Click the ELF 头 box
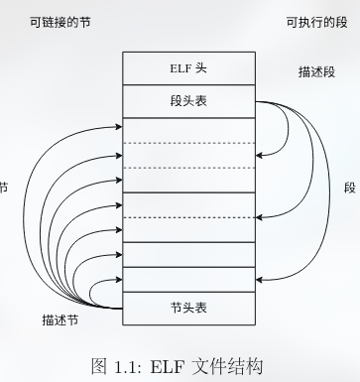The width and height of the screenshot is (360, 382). pos(187,68)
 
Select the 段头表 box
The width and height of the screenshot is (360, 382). pos(187,101)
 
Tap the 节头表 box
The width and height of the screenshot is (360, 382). pos(187,307)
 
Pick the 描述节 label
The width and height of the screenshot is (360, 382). pos(61,320)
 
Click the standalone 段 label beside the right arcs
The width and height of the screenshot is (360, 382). pos(349,188)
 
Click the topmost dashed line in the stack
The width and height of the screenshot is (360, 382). pos(187,144)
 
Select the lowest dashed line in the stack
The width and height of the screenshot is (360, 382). pos(187,217)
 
